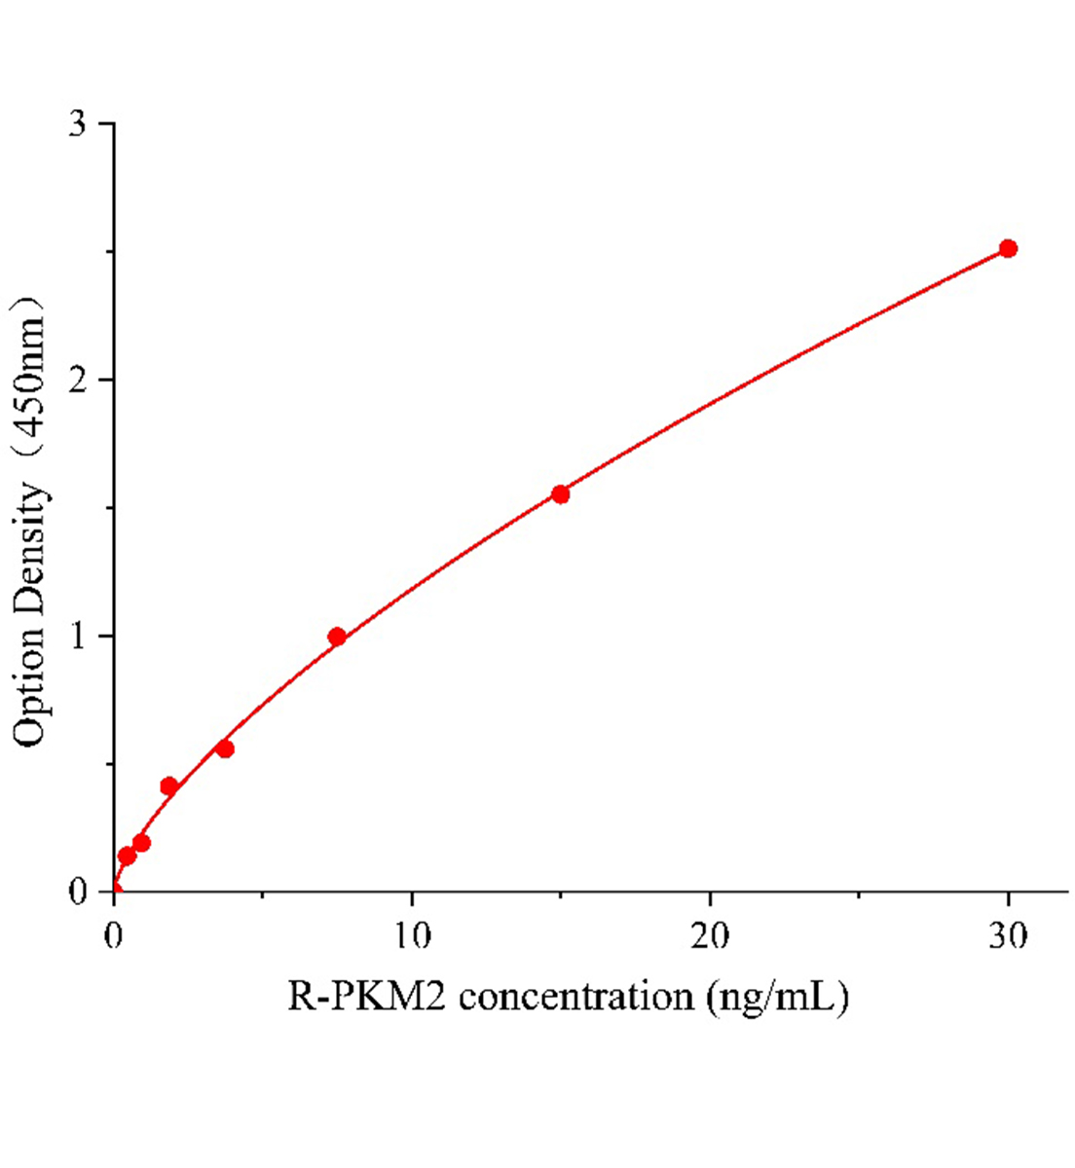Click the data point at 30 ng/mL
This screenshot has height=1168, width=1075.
(1008, 248)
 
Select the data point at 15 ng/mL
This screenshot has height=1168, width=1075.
(560, 494)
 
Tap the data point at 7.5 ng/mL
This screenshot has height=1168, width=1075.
(337, 638)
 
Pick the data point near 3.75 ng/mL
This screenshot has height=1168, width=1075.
(225, 748)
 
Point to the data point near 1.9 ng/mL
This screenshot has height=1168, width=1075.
(168, 786)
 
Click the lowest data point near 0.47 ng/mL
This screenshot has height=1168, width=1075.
(127, 857)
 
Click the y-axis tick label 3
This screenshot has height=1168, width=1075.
(79, 124)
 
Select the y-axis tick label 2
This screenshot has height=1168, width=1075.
(79, 380)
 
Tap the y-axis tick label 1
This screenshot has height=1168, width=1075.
(79, 636)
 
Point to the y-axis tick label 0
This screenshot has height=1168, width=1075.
(79, 892)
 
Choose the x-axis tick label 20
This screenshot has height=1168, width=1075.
(709, 936)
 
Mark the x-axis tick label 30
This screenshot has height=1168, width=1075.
(1008, 936)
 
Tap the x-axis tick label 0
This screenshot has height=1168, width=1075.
(114, 936)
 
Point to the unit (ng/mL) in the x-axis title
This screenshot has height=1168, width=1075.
(779, 999)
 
